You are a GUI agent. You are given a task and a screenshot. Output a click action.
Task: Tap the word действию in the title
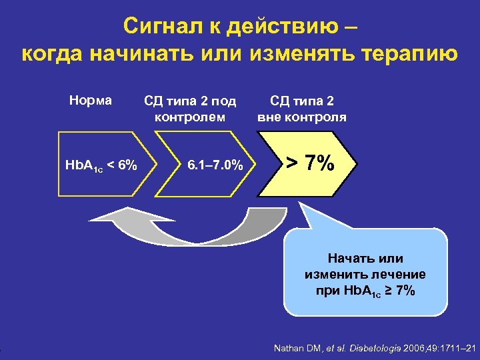[x=289, y=26]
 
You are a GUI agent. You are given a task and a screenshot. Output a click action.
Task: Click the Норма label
[x=91, y=101]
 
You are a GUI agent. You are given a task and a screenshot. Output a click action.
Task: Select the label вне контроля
[x=302, y=117]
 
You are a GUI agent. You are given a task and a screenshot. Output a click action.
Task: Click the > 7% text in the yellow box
[x=311, y=163]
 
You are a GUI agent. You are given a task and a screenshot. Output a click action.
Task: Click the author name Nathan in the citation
[x=289, y=348]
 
